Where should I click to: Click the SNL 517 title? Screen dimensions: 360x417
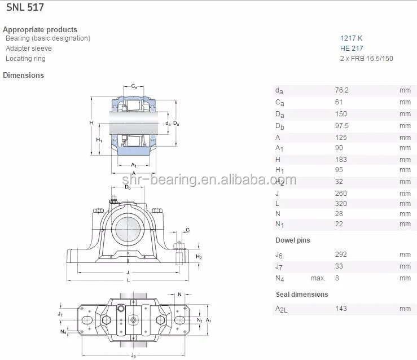tap(25, 8)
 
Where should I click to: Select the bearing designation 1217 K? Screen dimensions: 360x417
tap(351, 38)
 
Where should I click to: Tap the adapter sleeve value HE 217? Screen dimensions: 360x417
tap(351, 49)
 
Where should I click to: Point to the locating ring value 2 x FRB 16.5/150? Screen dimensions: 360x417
tap(366, 59)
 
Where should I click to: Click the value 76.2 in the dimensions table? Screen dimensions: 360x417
tap(341, 90)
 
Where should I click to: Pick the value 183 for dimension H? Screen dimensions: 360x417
tap(341, 160)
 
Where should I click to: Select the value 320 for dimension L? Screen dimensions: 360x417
tap(341, 203)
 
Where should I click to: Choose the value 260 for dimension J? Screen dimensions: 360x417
tap(341, 192)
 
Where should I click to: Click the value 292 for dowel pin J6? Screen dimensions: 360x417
tap(341, 255)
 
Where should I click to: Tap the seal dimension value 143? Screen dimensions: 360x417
tap(341, 309)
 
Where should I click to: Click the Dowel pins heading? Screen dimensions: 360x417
tap(292, 240)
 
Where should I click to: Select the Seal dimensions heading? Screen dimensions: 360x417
tap(301, 295)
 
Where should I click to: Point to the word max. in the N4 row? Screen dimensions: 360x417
tap(318, 278)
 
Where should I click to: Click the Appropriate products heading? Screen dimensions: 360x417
tap(40, 29)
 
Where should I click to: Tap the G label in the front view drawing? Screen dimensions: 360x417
tap(187, 230)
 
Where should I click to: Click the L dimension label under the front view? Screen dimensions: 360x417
tap(129, 280)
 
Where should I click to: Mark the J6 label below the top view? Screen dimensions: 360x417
tap(133, 355)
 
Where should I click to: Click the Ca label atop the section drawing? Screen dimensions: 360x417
tap(134, 86)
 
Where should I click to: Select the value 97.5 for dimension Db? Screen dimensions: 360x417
tap(342, 126)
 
